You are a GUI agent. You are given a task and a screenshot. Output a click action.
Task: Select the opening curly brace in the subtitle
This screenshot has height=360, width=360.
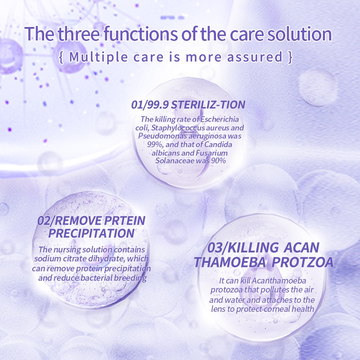click(61, 57)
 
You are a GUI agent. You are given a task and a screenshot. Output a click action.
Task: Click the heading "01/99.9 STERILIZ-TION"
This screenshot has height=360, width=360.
click(189, 105)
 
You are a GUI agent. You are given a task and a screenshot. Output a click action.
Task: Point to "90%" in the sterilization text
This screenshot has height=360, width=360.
click(216, 161)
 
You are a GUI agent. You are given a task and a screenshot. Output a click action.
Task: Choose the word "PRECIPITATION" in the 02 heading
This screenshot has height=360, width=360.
click(91, 233)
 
